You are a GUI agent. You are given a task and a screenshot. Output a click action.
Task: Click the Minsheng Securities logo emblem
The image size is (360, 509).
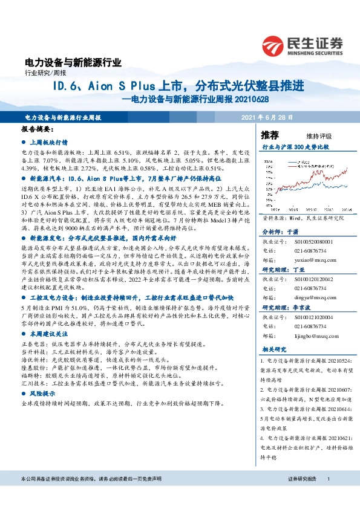tap(273, 44)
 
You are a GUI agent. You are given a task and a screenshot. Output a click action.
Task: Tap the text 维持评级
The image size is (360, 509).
tap(311, 135)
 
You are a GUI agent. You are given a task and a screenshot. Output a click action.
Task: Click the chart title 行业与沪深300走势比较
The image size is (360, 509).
tap(295, 146)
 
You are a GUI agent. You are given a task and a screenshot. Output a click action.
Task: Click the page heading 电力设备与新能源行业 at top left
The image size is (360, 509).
tap(73, 62)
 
